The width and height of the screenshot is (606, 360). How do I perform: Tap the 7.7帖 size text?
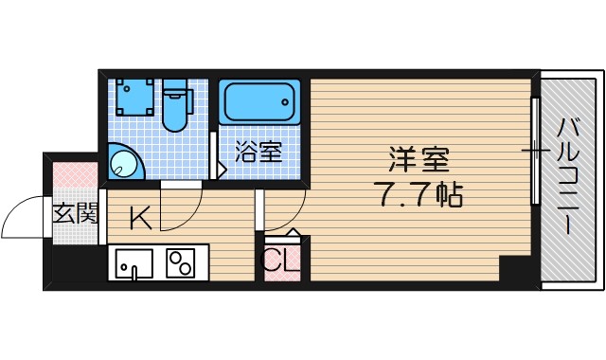423,196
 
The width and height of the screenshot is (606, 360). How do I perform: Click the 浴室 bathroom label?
258,151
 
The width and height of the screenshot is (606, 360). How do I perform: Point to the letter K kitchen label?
140,219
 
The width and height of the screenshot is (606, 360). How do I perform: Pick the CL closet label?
280,261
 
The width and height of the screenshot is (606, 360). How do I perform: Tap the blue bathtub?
259,101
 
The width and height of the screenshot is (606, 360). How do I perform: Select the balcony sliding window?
536,151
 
